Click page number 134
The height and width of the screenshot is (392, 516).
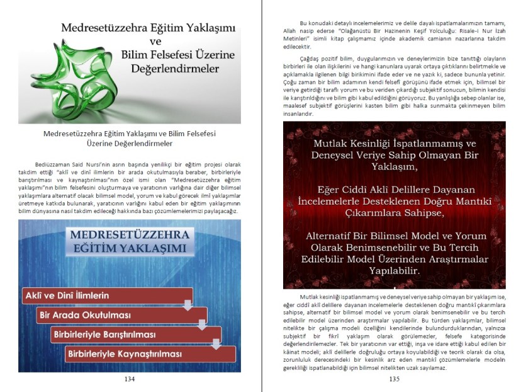click(x=130, y=379)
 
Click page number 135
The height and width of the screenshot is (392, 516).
click(x=395, y=379)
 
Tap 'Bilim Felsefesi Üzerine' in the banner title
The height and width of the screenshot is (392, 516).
click(x=178, y=55)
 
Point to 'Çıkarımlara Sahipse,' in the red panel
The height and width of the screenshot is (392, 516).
click(x=394, y=213)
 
